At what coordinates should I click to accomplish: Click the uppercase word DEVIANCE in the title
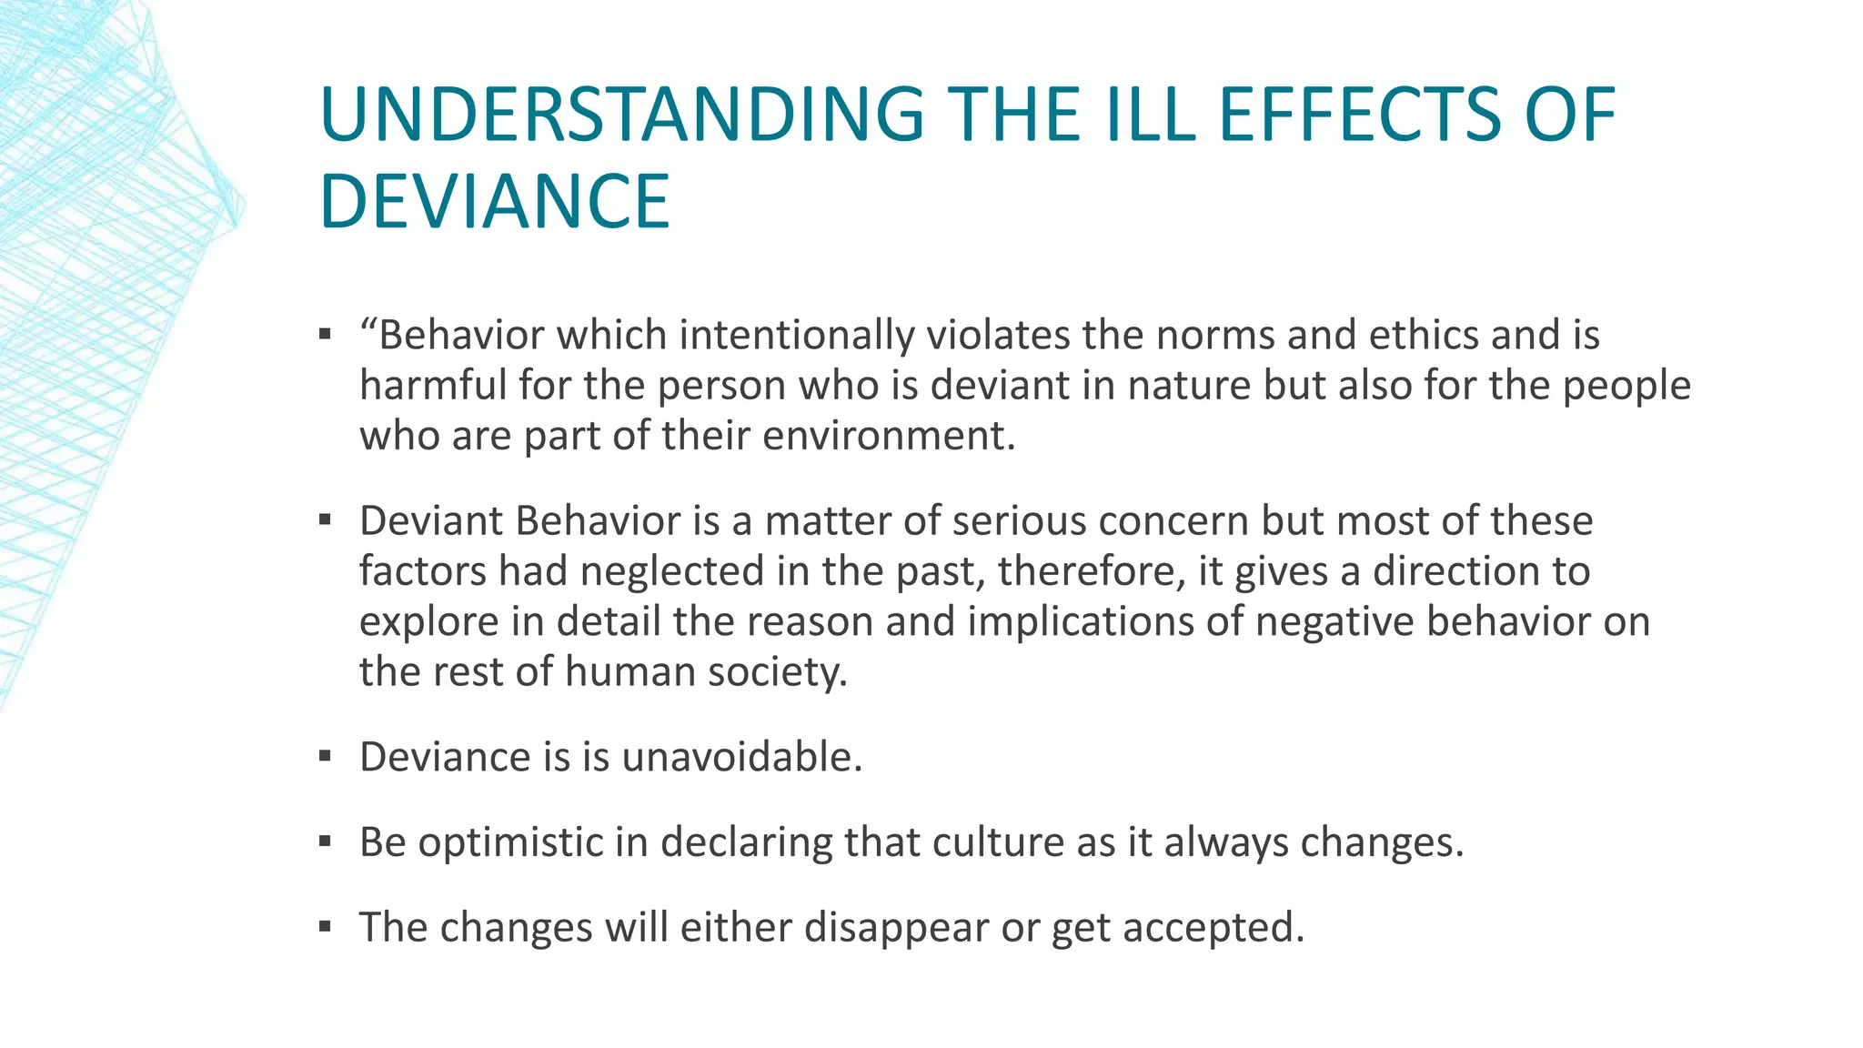pos(495,201)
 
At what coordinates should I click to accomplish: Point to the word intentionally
pos(797,335)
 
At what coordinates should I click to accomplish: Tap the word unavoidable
pos(742,757)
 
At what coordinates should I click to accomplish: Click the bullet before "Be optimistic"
pos(325,842)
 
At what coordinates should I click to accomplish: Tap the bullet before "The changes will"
pos(325,928)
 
